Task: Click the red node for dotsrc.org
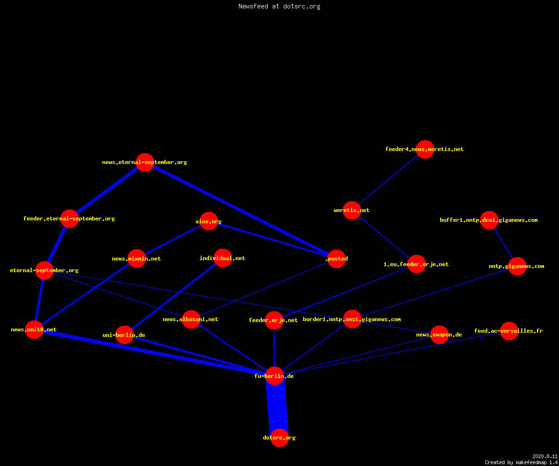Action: click(x=279, y=438)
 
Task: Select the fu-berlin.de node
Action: click(x=274, y=376)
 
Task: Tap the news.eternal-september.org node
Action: click(x=145, y=162)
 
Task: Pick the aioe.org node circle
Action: click(x=209, y=221)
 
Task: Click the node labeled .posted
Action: click(x=336, y=259)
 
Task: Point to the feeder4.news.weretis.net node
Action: click(x=425, y=149)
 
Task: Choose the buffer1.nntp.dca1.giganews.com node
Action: click(x=489, y=220)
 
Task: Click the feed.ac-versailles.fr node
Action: click(x=509, y=331)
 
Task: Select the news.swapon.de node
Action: click(x=439, y=335)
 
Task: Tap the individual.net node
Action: click(x=223, y=258)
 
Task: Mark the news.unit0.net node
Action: click(x=34, y=329)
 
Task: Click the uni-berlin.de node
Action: click(x=124, y=335)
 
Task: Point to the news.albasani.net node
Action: click(x=191, y=319)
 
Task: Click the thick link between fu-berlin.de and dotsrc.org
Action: click(x=277, y=407)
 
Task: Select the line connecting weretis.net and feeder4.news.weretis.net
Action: click(x=388, y=180)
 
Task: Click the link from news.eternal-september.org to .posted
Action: click(x=241, y=211)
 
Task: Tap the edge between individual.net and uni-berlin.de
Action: click(x=174, y=296)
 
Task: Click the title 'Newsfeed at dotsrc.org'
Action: click(x=279, y=6)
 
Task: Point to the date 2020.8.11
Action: click(x=545, y=456)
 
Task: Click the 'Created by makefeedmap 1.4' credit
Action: click(x=521, y=462)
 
